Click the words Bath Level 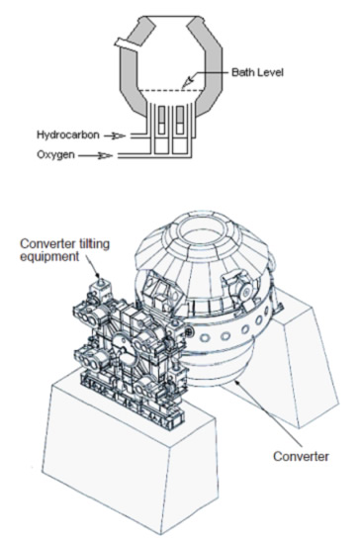pos(257,72)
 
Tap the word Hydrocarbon pos(68,135)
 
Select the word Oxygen pos(55,154)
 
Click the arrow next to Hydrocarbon pos(115,136)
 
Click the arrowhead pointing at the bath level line pos(188,82)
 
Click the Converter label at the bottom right pos(301,456)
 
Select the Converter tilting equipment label pos(64,249)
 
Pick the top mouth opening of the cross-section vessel pos(170,17)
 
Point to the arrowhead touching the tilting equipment pos(99,275)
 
